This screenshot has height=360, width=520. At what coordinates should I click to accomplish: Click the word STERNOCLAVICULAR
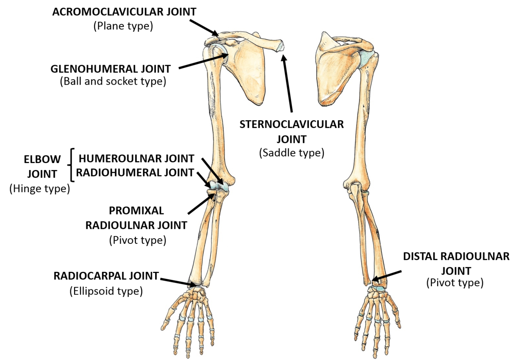click(x=292, y=124)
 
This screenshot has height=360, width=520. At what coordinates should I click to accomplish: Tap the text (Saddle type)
click(x=292, y=153)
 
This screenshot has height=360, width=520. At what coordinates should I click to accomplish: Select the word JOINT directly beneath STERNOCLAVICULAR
click(x=292, y=139)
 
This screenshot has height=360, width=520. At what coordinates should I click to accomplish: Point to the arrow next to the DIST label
click(x=387, y=275)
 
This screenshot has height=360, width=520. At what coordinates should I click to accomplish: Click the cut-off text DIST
click(x=414, y=257)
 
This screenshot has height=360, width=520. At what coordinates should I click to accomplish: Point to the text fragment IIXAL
click(x=151, y=211)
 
